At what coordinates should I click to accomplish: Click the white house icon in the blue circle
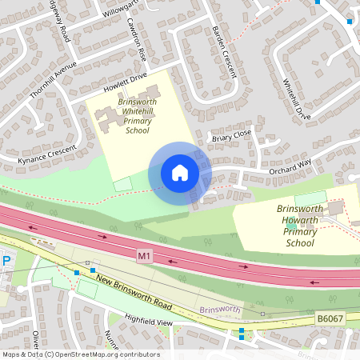point(180,173)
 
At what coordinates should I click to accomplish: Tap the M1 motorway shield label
point(144,256)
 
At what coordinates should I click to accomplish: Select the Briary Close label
point(231,136)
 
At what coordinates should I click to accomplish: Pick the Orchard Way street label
point(268,168)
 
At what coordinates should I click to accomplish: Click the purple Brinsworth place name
point(219,309)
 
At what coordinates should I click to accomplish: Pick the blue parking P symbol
point(6,261)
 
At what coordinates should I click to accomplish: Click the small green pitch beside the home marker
point(122,184)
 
